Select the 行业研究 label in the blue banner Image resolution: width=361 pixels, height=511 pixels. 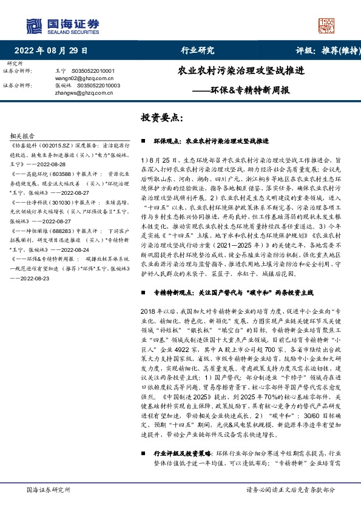(198, 50)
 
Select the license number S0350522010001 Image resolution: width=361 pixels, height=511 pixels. (97, 71)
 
